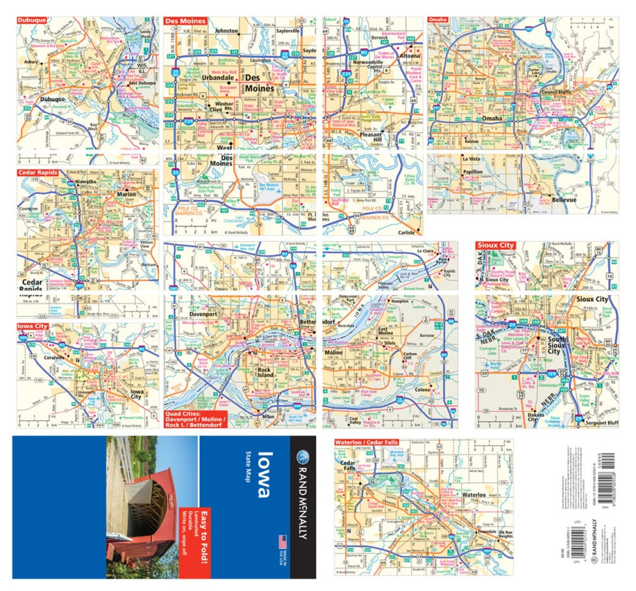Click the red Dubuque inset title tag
(32, 20)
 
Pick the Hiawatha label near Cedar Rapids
(68, 181)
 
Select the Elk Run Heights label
(505, 533)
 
